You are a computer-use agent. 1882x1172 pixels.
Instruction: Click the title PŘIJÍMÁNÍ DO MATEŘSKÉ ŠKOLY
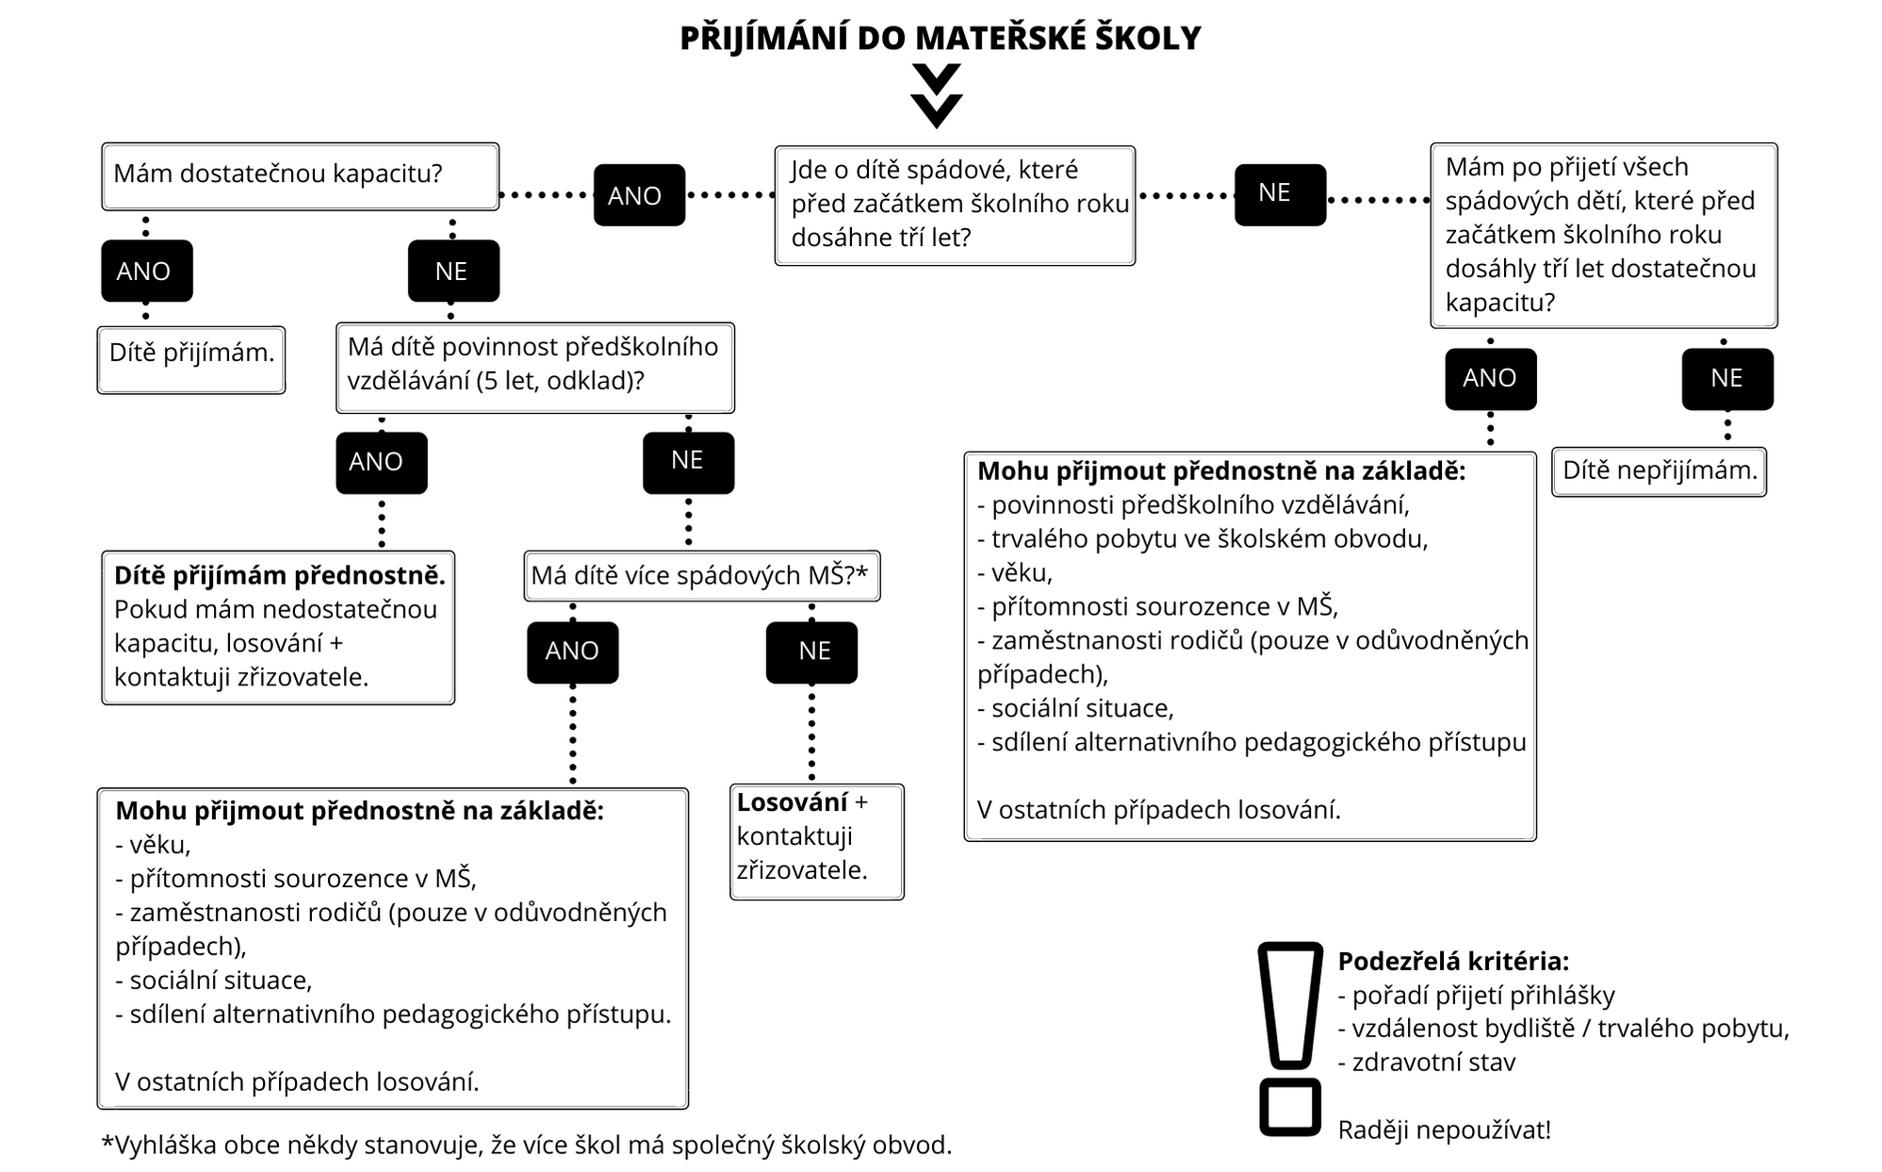941,39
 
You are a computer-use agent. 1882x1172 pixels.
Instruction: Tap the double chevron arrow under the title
937,95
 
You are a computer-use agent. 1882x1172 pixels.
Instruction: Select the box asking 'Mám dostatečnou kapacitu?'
300,175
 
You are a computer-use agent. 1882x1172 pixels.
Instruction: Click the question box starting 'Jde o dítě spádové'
955,205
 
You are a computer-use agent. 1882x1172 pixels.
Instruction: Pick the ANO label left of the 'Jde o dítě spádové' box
639,195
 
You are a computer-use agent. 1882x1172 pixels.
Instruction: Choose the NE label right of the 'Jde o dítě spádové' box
1280,194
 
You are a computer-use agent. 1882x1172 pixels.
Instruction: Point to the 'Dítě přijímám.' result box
191,358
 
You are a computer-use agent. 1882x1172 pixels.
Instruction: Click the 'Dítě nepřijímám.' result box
1659,471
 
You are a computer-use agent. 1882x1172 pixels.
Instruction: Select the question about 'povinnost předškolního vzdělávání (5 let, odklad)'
534,367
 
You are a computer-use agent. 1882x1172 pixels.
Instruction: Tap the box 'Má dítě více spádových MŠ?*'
701,575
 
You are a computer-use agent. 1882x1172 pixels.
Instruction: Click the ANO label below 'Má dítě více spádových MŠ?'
572,652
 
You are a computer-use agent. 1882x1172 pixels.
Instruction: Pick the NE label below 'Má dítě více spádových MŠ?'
812,652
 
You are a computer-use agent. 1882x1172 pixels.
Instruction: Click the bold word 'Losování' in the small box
792,802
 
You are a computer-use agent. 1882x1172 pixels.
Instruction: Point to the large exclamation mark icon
1290,1037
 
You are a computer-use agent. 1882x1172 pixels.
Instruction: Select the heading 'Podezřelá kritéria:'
1453,962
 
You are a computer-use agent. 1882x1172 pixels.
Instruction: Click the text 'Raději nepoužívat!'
1444,1130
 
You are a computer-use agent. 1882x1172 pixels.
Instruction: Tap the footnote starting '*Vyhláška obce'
527,1145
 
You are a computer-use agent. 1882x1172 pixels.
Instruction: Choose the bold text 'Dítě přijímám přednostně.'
279,575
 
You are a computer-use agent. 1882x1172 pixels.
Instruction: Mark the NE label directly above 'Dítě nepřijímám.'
1727,379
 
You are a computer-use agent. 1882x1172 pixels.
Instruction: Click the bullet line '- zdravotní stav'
1427,1063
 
